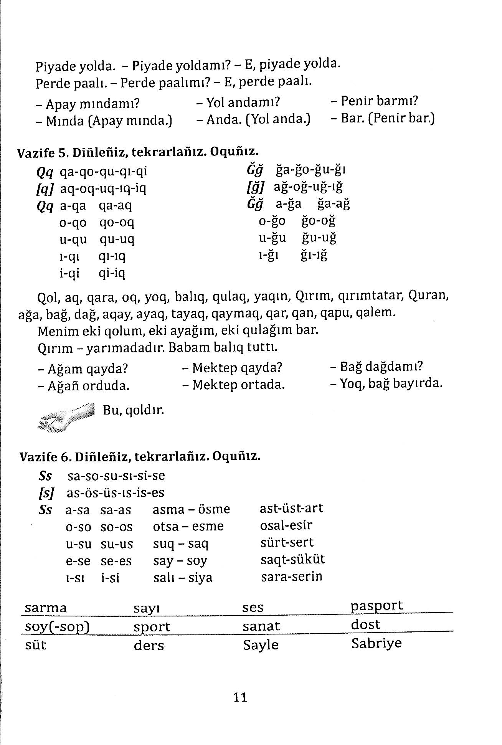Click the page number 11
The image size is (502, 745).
(240, 697)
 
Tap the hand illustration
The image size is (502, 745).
(67, 418)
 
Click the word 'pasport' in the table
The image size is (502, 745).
(377, 606)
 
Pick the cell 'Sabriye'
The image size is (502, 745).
(376, 643)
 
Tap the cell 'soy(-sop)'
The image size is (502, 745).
(57, 627)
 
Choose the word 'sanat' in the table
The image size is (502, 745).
(261, 626)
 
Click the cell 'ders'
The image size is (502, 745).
(149, 646)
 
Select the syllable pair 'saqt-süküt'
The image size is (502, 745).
(292, 559)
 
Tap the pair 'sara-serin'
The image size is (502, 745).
(292, 577)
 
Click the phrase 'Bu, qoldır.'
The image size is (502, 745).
(133, 410)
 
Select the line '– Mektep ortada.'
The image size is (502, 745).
(233, 385)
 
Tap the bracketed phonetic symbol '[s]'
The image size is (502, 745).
(46, 493)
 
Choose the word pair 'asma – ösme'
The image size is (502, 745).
(191, 509)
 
